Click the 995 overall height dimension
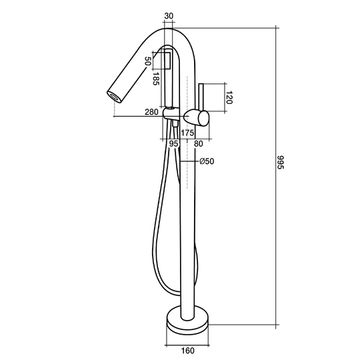pyautogui.click(x=281, y=162)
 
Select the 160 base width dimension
pyautogui.click(x=187, y=351)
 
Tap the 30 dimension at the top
pyautogui.click(x=169, y=16)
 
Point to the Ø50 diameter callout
pyautogui.click(x=207, y=161)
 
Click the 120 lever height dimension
pyautogui.click(x=229, y=97)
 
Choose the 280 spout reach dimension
pyautogui.click(x=151, y=112)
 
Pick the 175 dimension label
pyautogui.click(x=187, y=133)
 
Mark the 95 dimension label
pyautogui.click(x=173, y=144)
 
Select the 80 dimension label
pyautogui.click(x=199, y=144)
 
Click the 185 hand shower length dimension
pyautogui.click(x=156, y=79)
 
